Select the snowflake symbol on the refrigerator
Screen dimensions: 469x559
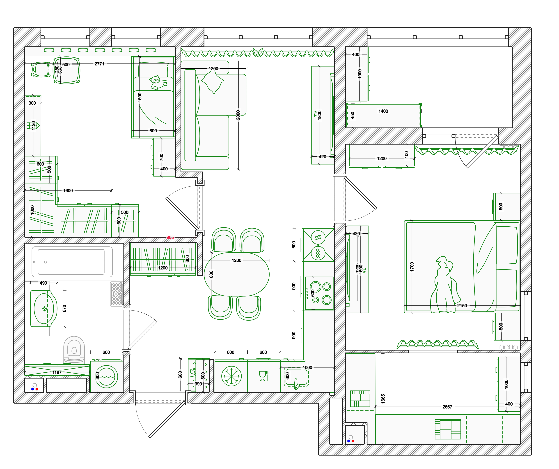231,376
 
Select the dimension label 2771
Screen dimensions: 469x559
99,64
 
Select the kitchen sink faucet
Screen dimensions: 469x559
296,384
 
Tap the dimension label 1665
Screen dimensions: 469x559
383,399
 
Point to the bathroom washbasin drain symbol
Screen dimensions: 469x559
44,309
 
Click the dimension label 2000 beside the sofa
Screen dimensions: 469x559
238,115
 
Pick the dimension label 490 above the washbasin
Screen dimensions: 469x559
43,283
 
